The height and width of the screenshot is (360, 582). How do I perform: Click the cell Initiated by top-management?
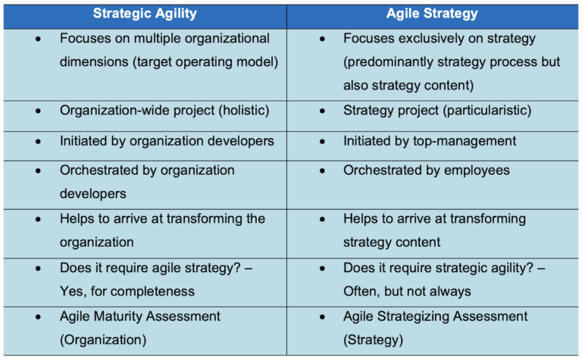coord(430,141)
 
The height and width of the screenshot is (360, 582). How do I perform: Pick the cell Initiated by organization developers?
coord(167,141)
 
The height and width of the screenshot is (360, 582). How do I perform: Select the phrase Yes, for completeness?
coord(127,291)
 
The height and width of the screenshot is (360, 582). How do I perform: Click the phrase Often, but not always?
coord(407,291)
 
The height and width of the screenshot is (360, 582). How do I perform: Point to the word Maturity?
coord(124,316)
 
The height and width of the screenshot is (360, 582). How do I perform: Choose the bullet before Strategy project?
coord(323,111)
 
